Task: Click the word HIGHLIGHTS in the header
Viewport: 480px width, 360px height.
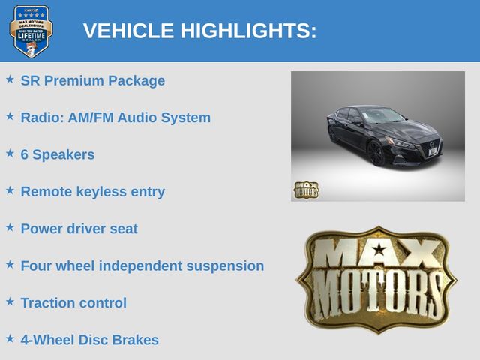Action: [248, 31]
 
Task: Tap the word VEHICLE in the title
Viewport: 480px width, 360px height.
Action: [128, 31]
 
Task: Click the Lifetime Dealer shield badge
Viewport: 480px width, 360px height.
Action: [31, 31]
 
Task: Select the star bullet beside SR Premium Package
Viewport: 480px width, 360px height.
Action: [10, 79]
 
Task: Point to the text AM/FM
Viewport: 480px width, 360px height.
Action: [91, 118]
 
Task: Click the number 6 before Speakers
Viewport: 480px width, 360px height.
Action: [25, 154]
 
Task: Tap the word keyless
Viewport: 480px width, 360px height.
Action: [101, 192]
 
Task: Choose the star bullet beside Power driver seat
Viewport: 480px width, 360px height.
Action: [10, 227]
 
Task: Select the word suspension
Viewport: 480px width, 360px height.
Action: [225, 266]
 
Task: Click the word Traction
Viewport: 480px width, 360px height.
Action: [46, 303]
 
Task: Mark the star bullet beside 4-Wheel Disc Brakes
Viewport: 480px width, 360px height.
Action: [10, 338]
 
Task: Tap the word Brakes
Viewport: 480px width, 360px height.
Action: [135, 340]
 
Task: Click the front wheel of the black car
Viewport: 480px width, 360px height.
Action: [376, 153]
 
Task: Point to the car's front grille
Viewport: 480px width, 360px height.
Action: [431, 148]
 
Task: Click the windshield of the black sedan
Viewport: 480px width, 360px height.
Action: [382, 116]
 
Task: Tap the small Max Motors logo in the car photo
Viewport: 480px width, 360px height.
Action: [307, 190]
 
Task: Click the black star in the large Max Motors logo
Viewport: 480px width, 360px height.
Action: [379, 249]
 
